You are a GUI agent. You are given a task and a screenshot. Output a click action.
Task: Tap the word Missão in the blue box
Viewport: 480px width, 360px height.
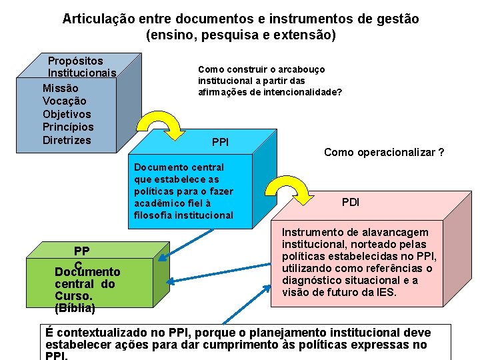(60, 88)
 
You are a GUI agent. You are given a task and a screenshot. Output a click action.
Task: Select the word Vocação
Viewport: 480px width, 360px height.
(64, 101)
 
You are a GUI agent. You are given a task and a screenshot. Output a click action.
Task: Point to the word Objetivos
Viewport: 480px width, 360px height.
(67, 114)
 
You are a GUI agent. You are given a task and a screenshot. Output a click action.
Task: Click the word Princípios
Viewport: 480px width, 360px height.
(68, 127)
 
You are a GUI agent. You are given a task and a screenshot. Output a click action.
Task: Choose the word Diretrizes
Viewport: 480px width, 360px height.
(67, 140)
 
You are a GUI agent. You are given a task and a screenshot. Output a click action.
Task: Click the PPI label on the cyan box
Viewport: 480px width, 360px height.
(220, 142)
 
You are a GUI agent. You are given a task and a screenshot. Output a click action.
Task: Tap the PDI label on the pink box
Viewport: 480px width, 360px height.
(351, 202)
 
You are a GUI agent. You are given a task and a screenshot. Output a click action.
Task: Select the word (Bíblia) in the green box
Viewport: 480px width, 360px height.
(75, 308)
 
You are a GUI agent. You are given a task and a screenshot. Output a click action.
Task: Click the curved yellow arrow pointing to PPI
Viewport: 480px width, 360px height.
(160, 125)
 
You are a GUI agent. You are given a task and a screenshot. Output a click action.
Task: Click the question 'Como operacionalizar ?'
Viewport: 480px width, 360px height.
(384, 153)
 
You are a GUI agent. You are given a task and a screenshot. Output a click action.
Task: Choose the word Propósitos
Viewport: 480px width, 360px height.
(75, 61)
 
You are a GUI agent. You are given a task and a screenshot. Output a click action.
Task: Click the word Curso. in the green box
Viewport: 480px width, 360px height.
(73, 296)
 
